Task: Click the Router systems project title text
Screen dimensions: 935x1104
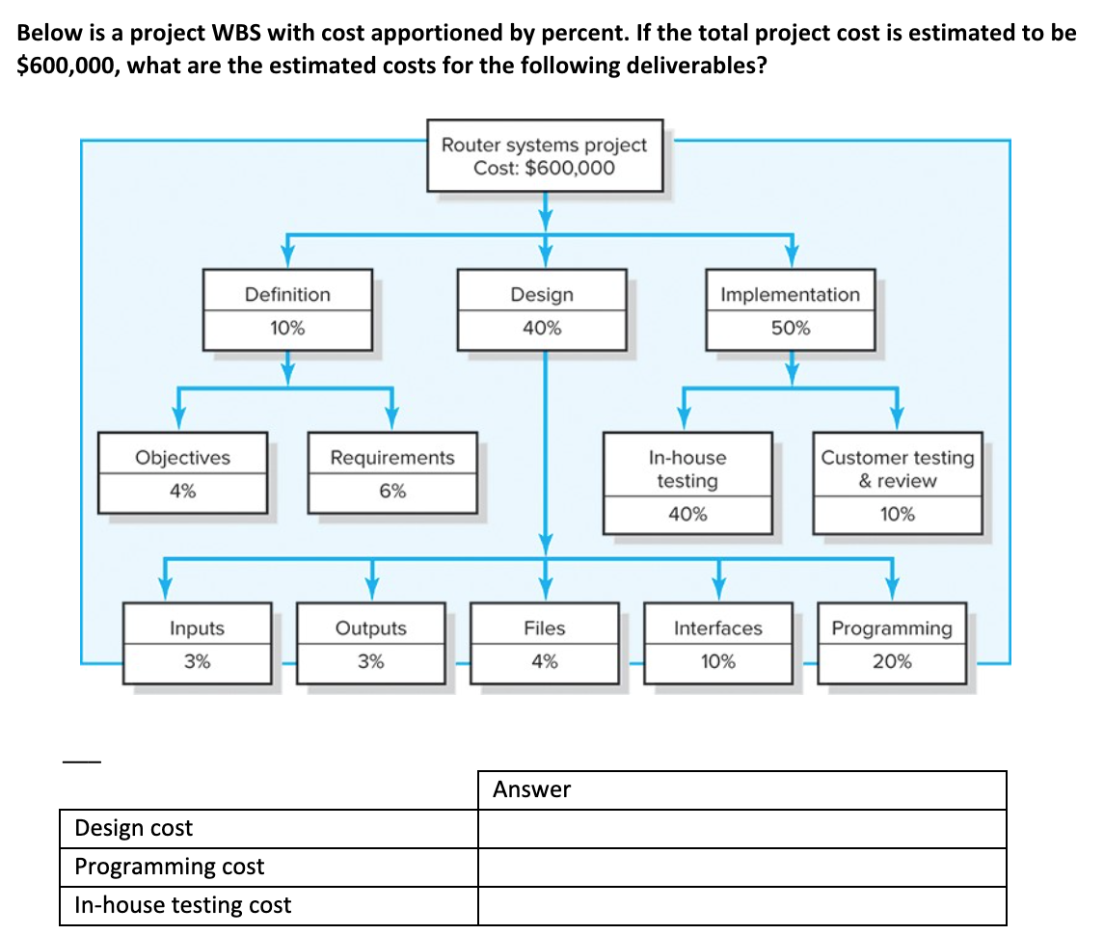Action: pos(544,145)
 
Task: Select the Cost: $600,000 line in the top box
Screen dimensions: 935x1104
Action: pos(544,168)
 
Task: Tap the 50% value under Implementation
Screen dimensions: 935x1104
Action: pos(791,328)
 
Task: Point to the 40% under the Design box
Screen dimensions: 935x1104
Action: pos(542,328)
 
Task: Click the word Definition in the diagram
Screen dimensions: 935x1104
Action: pos(287,295)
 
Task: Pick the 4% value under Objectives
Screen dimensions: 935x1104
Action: pos(183,491)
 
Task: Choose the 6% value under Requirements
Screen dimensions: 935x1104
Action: pos(392,491)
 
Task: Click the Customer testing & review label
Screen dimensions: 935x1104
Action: pos(898,469)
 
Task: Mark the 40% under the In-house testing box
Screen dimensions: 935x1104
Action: pos(687,514)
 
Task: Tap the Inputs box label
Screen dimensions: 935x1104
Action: pos(197,628)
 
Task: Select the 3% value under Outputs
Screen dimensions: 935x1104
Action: pos(371,661)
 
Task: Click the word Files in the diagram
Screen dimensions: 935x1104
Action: pos(545,628)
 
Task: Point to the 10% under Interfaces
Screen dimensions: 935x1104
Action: pos(718,661)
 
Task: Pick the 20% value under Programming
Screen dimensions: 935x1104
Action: pos(892,661)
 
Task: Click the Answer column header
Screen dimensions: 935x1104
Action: pos(532,789)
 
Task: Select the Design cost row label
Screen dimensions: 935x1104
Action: pos(134,828)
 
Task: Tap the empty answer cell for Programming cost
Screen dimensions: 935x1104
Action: pos(741,867)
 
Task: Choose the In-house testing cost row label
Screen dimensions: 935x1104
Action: pos(183,905)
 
